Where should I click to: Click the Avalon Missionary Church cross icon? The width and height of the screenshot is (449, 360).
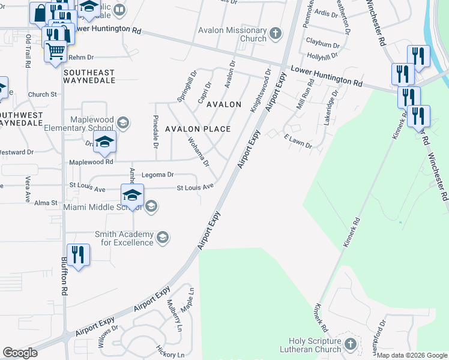tap(276, 33)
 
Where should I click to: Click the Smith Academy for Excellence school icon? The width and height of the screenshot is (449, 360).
tap(162, 238)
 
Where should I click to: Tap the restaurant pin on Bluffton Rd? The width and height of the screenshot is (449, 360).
tap(78, 255)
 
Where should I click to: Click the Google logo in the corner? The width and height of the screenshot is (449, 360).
tap(20, 353)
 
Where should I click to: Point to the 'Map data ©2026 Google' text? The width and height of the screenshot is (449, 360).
tap(412, 355)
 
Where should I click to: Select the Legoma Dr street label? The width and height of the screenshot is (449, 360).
tap(157, 175)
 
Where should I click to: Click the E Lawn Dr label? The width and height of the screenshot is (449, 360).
tap(298, 141)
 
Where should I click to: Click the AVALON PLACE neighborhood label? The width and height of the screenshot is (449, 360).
tap(198, 129)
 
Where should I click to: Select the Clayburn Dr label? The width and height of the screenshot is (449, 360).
tap(323, 44)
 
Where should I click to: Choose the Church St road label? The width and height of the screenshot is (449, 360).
tap(42, 94)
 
